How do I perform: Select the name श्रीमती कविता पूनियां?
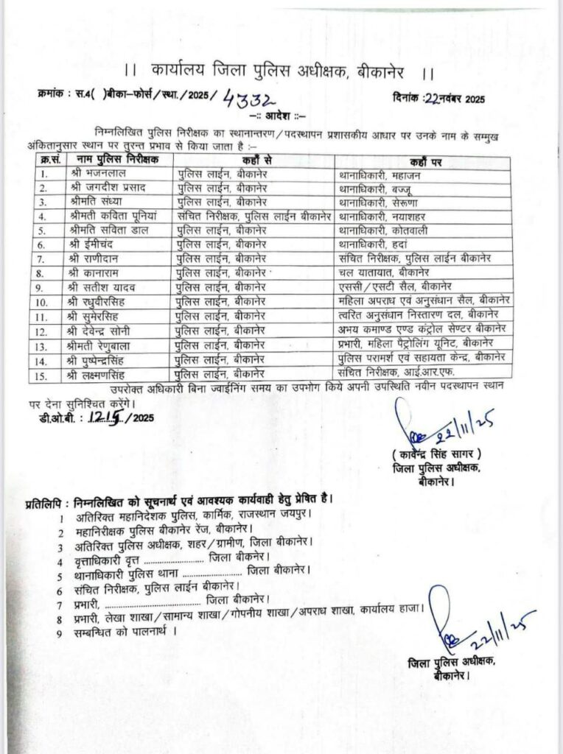pos(116,216)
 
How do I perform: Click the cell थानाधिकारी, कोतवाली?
pos(385,230)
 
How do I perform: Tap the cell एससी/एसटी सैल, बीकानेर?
pos(395,286)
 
